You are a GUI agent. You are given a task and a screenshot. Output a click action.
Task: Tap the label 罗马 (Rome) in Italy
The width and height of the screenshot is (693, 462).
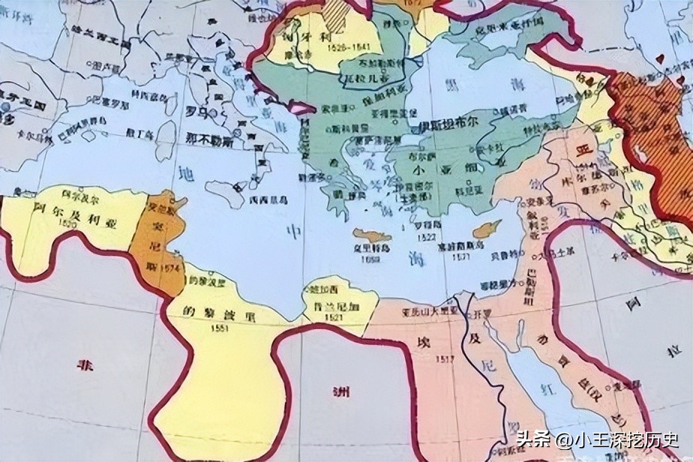(x=196, y=111)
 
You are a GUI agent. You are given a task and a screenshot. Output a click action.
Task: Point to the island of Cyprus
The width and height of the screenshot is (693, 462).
(x=490, y=226)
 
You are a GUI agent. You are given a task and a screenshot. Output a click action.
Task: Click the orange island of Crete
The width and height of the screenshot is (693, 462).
(x=373, y=236)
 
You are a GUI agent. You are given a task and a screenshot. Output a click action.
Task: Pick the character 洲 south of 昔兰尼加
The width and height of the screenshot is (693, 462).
(x=340, y=390)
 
